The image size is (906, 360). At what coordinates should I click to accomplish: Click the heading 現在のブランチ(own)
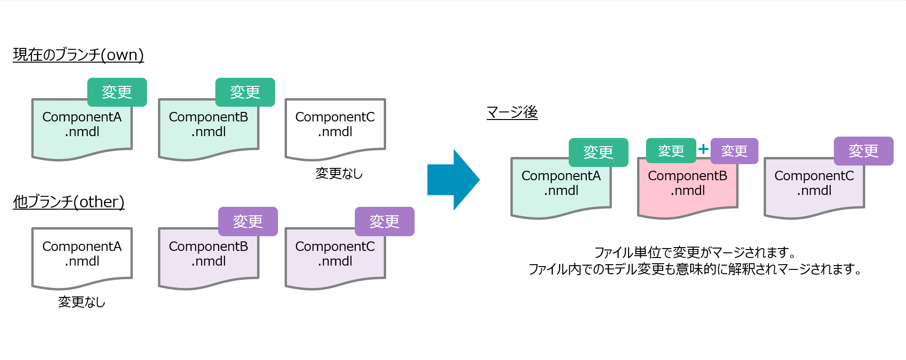pyautogui.click(x=78, y=55)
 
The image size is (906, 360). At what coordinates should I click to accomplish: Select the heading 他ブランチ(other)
pyautogui.click(x=69, y=202)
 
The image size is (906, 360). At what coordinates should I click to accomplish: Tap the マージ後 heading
pyautogui.click(x=512, y=112)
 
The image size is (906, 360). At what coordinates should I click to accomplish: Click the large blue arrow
pyautogui.click(x=453, y=180)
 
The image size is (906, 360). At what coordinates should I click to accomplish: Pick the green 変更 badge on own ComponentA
pyautogui.click(x=117, y=92)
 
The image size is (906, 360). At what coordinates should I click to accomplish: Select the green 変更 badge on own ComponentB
pyautogui.click(x=245, y=92)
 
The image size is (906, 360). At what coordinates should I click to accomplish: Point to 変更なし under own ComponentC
pyautogui.click(x=339, y=174)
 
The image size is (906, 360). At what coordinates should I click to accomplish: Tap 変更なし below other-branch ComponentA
pyautogui.click(x=82, y=302)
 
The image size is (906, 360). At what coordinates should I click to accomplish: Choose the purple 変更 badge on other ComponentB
pyautogui.click(x=248, y=222)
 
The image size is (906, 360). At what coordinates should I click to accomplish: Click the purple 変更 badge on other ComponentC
pyautogui.click(x=385, y=222)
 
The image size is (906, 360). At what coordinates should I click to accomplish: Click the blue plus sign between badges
pyautogui.click(x=703, y=149)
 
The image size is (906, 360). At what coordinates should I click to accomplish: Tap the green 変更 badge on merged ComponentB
pyautogui.click(x=671, y=151)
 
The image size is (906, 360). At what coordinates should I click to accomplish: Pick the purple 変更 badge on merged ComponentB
pyautogui.click(x=734, y=151)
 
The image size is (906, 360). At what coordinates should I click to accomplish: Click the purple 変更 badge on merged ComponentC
pyautogui.click(x=864, y=151)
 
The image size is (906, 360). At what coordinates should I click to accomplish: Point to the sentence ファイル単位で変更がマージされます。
pyautogui.click(x=695, y=252)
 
